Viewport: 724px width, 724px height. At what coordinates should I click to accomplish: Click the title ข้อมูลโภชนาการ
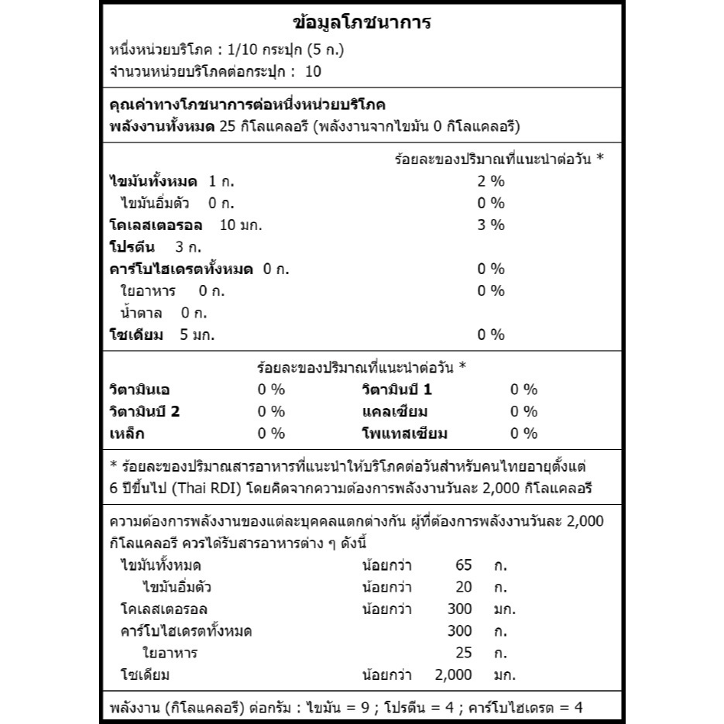click(362, 22)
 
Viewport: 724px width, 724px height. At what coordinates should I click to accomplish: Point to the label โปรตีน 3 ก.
click(155, 247)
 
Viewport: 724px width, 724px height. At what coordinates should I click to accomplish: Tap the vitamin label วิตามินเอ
click(144, 389)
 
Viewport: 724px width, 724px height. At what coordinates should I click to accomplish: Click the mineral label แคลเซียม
click(395, 411)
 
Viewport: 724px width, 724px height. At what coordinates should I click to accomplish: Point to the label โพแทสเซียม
click(404, 434)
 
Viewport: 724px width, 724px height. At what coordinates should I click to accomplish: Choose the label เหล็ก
click(127, 434)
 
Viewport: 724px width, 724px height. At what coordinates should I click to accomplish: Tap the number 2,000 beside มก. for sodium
click(454, 674)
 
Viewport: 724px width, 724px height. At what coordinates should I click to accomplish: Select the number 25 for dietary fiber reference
click(463, 653)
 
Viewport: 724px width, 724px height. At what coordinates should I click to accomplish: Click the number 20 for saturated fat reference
click(463, 587)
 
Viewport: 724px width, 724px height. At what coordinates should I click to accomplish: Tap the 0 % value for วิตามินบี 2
click(271, 411)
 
